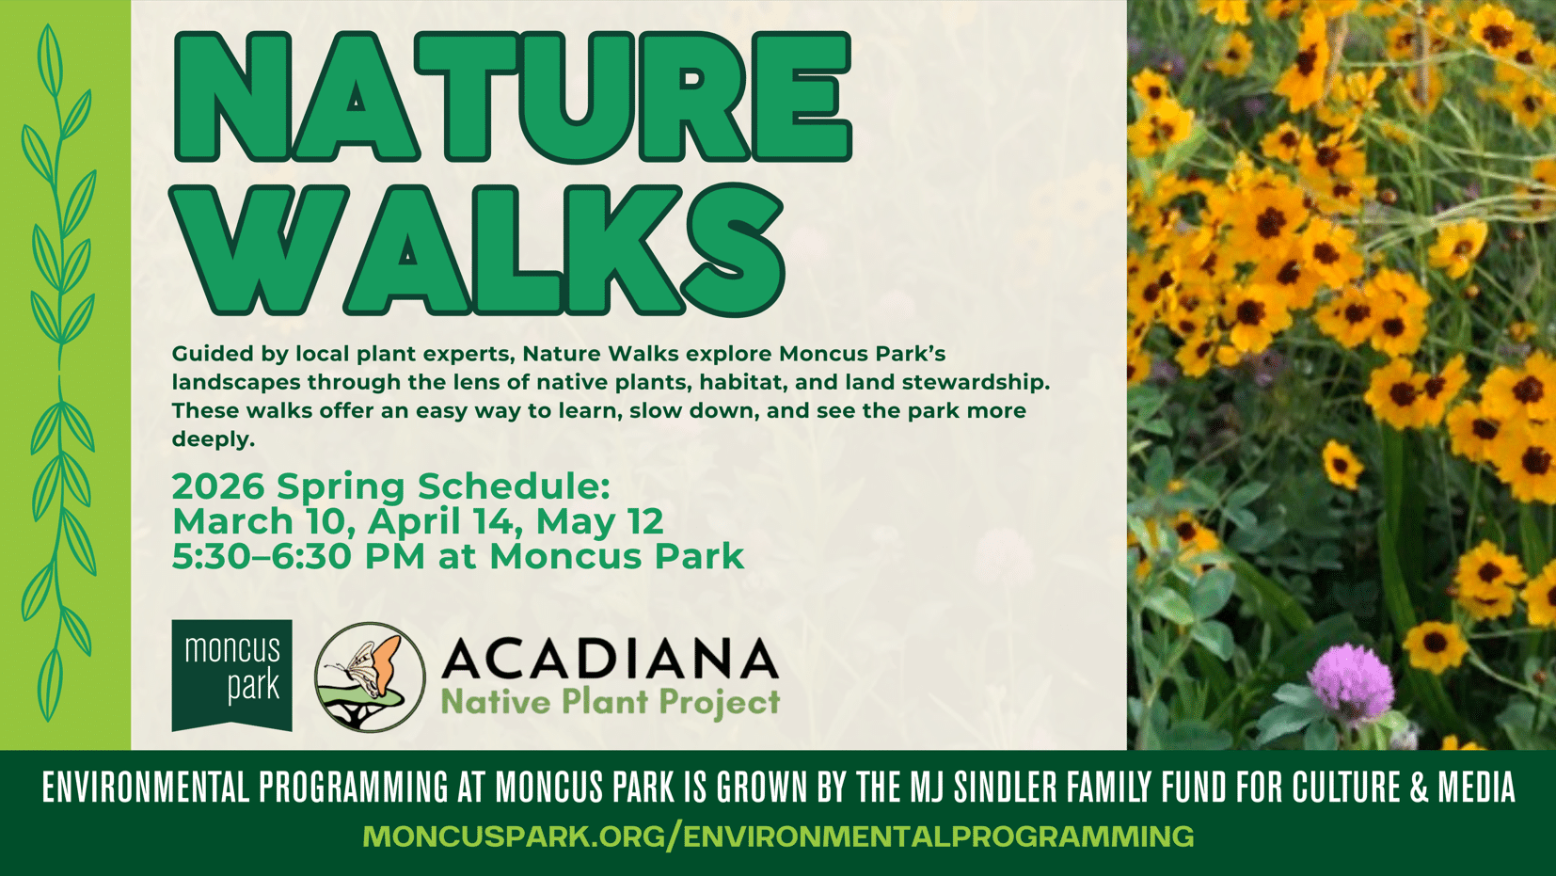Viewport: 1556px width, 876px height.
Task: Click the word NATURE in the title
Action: point(513,97)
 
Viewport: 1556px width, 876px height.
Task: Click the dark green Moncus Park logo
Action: point(232,676)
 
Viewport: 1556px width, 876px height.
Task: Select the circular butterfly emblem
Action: point(370,677)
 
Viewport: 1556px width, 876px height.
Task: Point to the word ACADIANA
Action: point(610,658)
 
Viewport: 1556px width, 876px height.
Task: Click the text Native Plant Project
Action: point(610,702)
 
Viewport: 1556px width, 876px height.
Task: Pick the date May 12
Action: point(599,521)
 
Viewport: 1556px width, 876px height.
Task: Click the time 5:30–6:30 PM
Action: point(299,556)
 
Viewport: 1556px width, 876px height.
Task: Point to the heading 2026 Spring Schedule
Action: point(391,486)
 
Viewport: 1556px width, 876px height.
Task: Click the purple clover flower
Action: point(1351,681)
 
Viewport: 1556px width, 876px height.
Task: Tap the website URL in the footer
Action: point(778,836)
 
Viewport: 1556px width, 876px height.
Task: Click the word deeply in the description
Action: point(214,439)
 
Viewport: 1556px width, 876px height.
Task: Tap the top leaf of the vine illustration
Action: point(50,59)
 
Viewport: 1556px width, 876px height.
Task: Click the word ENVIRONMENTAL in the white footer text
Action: point(145,787)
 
